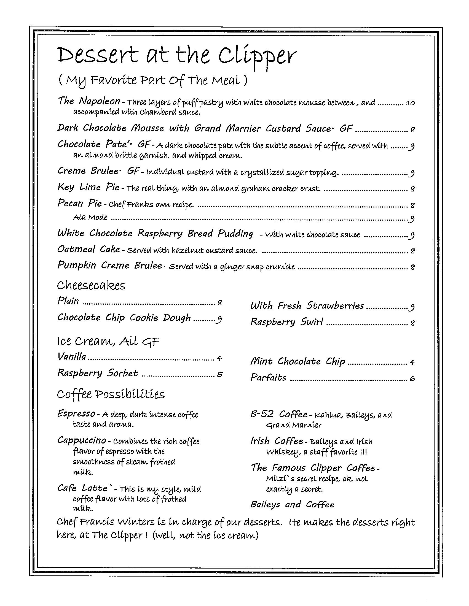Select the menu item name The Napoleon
point(89,101)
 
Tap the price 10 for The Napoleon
point(410,103)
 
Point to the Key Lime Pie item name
point(88,187)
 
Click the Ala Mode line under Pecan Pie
point(90,217)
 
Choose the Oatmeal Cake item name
point(89,250)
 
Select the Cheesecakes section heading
point(91,286)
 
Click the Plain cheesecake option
point(68,301)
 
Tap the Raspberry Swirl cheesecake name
point(286,322)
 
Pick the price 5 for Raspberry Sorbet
point(219,375)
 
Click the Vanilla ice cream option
point(72,356)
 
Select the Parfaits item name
point(268,378)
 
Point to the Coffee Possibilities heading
point(111,394)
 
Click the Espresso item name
point(76,414)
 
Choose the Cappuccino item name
point(82,440)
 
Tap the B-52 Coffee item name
point(278,414)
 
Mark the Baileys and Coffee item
point(292,504)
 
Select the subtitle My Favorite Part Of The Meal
point(153,80)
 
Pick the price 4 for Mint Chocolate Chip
point(412,362)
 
